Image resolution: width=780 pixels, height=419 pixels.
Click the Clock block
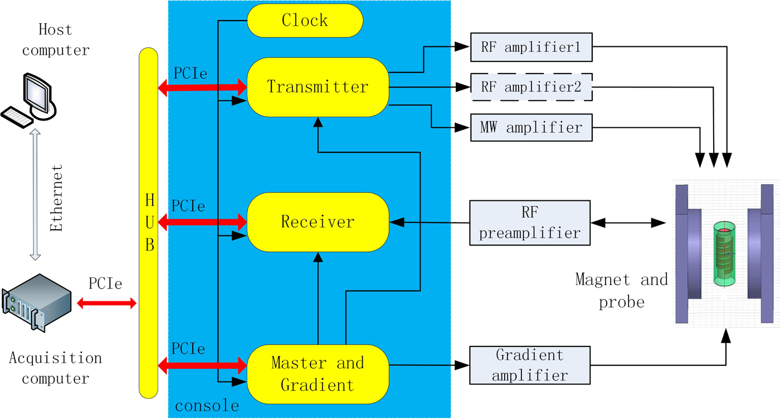tap(305, 21)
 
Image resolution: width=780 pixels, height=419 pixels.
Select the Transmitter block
tap(317, 87)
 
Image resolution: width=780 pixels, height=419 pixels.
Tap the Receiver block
tap(317, 222)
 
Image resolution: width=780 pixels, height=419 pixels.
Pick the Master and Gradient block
tap(317, 373)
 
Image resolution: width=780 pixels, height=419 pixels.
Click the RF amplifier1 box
tap(531, 47)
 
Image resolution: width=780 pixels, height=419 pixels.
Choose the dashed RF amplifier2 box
tap(531, 87)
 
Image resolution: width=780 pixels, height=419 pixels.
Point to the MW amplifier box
tap(531, 128)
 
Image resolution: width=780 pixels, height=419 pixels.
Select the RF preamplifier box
tap(530, 223)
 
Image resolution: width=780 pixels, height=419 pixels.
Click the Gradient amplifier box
tap(530, 365)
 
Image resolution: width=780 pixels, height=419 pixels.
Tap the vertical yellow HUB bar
tap(148, 223)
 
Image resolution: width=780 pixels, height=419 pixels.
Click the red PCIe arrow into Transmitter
tap(203, 87)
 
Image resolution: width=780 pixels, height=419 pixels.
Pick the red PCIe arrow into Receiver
tap(203, 222)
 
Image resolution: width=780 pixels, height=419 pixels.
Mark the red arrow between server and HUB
tap(106, 304)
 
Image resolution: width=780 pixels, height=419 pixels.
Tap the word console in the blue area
tap(207, 406)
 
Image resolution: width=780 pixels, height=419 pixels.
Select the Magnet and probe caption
tap(621, 291)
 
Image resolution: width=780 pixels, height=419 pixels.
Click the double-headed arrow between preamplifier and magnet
tap(628, 223)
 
